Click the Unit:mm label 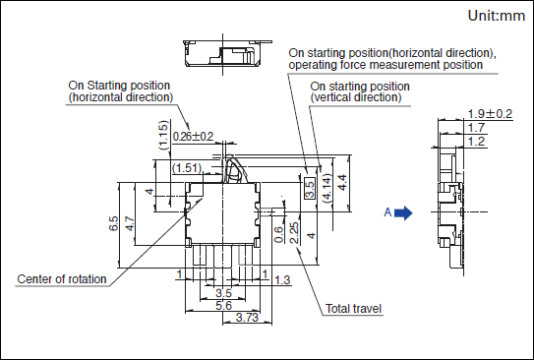pos(497,16)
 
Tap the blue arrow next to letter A pos(403,212)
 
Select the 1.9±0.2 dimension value pos(490,114)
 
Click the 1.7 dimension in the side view pos(476,128)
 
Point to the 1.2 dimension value pos(476,142)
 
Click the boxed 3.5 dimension pos(310,187)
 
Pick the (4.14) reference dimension pos(326,188)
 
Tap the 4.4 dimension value pos(342,183)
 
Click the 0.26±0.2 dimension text pos(193,137)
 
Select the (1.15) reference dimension pos(164,135)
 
